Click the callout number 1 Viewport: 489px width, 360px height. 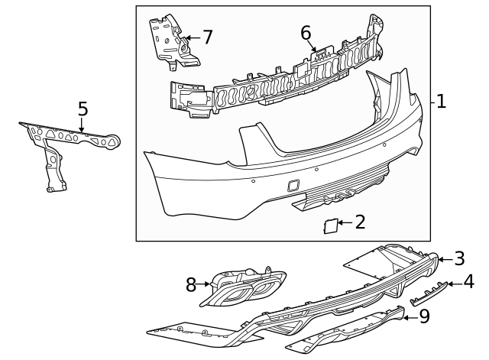[441, 101]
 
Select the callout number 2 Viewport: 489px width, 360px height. [360, 222]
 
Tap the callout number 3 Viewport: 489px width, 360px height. [458, 258]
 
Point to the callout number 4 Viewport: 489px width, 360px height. [468, 284]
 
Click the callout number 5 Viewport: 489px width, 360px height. [83, 109]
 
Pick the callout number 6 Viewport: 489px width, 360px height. [306, 33]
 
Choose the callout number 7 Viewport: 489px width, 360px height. [206, 36]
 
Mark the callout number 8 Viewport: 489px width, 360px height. [191, 286]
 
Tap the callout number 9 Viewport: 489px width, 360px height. [424, 314]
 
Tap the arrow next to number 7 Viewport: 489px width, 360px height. [191, 36]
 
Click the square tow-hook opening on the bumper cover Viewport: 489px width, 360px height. [294, 184]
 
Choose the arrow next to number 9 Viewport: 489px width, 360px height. [410, 314]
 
